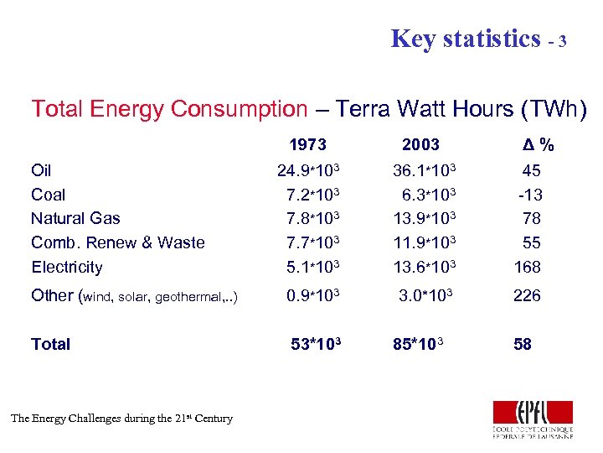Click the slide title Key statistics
tap(466, 39)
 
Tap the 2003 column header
tap(420, 145)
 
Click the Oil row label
tap(41, 170)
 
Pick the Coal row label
tap(48, 195)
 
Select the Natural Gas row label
tap(75, 219)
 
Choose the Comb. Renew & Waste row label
tap(118, 243)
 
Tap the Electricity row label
tap(66, 268)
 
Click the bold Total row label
tap(50, 344)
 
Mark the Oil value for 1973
tap(307, 170)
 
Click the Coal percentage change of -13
tap(530, 195)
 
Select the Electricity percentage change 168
tap(528, 268)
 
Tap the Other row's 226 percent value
tap(528, 295)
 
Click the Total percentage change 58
tap(522, 344)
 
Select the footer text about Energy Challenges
tap(121, 418)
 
